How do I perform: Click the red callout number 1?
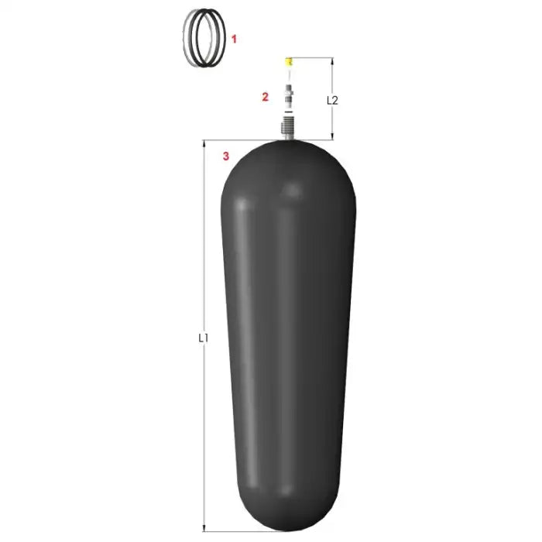[234, 39]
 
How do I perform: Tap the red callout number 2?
[265, 97]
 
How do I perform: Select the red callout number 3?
[226, 156]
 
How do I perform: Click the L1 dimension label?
[203, 338]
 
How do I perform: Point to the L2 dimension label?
[332, 100]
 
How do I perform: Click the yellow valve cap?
[288, 62]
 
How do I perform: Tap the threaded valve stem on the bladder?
[287, 128]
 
